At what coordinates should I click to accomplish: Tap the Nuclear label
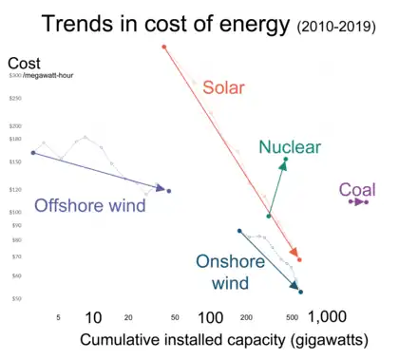pos(290,146)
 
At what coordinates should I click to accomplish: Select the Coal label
pos(357,189)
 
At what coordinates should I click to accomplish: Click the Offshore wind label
pos(90,205)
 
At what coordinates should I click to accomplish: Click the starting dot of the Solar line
pos(164,47)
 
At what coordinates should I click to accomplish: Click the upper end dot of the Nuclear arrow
pos(285,160)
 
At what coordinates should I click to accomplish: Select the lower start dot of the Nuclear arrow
pos(269,217)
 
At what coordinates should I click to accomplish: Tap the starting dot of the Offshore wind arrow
pos(33,152)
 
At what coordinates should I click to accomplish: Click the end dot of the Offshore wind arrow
pos(169,191)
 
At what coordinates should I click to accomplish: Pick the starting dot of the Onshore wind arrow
pos(239,230)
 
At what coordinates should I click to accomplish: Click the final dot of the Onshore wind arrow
pos(301,292)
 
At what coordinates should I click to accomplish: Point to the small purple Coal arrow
pos(358,201)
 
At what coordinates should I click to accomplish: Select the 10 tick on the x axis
pos(93,317)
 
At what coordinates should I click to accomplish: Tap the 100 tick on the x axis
pos(210,317)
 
